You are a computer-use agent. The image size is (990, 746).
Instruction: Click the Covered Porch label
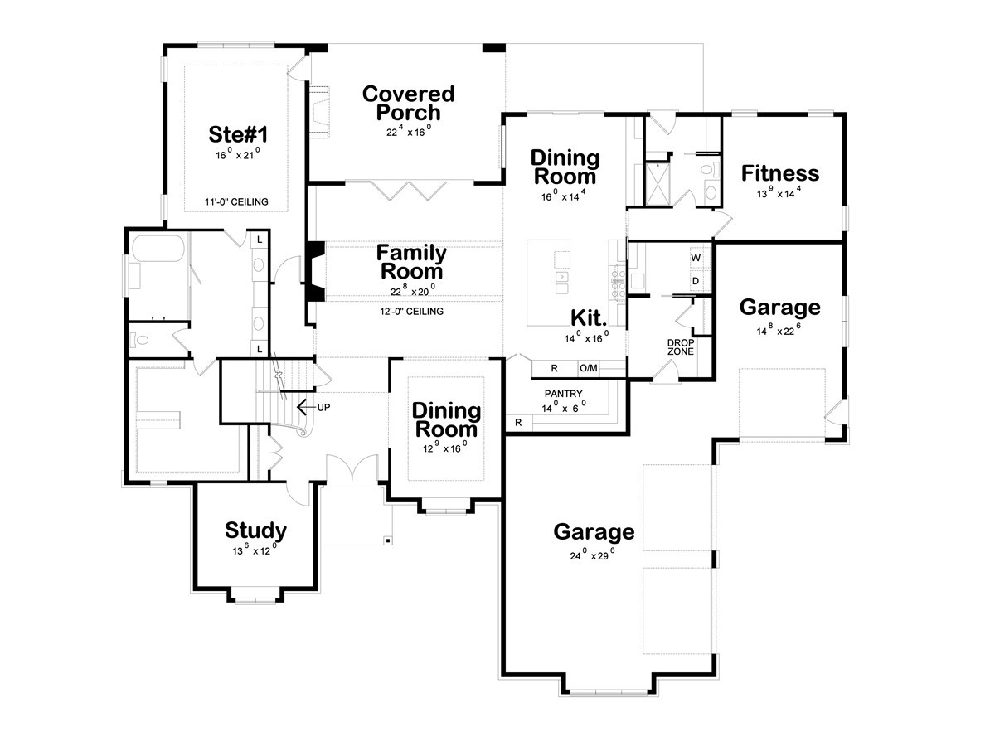click(x=408, y=104)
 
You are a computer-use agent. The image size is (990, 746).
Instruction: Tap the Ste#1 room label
click(x=238, y=134)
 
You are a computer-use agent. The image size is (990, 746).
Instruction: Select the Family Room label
click(x=411, y=262)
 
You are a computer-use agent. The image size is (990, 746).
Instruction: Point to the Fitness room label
click(x=779, y=173)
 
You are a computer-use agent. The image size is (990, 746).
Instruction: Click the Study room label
click(x=255, y=530)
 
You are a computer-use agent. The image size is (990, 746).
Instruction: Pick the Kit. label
click(x=589, y=317)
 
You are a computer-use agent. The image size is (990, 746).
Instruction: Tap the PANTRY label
click(x=563, y=394)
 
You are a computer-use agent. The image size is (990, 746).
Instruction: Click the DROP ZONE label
click(x=681, y=347)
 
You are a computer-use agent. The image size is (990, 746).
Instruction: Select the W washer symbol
click(x=696, y=258)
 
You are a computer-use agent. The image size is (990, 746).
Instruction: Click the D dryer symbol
click(x=696, y=281)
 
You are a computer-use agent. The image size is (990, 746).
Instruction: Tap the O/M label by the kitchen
click(x=589, y=368)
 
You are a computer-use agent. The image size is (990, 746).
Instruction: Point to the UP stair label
click(x=323, y=408)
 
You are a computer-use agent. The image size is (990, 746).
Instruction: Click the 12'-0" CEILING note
click(x=411, y=311)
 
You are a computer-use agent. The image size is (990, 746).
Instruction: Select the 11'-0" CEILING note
click(x=236, y=202)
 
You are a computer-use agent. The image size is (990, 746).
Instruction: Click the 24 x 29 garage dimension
click(x=592, y=555)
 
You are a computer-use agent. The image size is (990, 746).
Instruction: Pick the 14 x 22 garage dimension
click(x=779, y=330)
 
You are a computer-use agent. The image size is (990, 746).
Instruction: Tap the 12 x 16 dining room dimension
click(x=445, y=448)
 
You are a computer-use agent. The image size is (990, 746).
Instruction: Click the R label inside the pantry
click(x=518, y=423)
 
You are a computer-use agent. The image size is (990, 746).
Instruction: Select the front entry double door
click(x=352, y=469)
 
